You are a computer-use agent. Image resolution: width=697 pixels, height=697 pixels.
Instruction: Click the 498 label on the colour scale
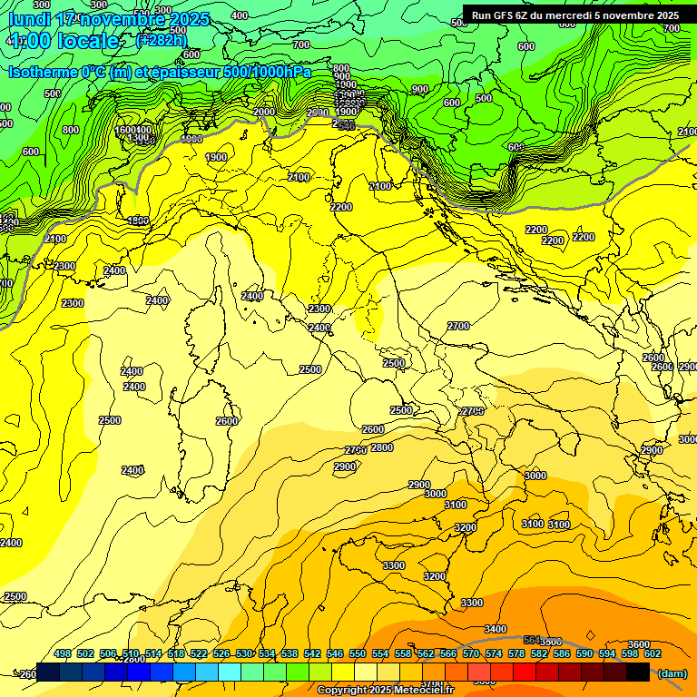[x=63, y=653]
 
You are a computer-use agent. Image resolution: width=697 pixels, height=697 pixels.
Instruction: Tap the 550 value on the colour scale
[x=358, y=653]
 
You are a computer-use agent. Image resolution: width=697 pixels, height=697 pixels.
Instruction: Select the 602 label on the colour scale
[x=653, y=653]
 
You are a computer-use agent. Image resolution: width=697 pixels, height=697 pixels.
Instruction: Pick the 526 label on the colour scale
[x=221, y=653]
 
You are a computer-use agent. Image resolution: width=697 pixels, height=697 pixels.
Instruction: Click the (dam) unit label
[x=672, y=672]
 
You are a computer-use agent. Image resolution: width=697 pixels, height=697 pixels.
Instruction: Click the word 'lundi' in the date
[x=28, y=19]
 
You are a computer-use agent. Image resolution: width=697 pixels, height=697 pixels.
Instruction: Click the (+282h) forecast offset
[x=161, y=41]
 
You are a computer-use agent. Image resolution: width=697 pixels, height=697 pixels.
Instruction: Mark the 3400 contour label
[x=496, y=629]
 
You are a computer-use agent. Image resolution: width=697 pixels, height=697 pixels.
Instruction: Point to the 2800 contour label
[x=382, y=447]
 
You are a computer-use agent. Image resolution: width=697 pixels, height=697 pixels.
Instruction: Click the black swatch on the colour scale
[x=637, y=672]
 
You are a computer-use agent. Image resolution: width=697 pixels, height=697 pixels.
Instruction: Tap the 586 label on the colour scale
[x=562, y=653]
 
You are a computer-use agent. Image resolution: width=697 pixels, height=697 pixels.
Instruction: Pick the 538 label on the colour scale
[x=290, y=653]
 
